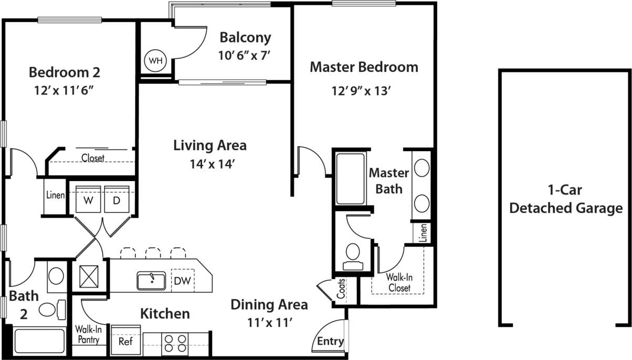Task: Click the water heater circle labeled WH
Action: pyautogui.click(x=155, y=60)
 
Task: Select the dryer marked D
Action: pyautogui.click(x=115, y=200)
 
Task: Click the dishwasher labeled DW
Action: pyautogui.click(x=183, y=281)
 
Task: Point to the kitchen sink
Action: pyautogui.click(x=151, y=281)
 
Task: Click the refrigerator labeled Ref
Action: pyautogui.click(x=125, y=341)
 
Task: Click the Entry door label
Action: pyautogui.click(x=330, y=342)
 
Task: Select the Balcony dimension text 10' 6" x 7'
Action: pyautogui.click(x=245, y=55)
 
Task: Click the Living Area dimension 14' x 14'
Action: pyautogui.click(x=210, y=164)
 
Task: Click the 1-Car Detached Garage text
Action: pyautogui.click(x=566, y=199)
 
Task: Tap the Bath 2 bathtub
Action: pyautogui.click(x=39, y=341)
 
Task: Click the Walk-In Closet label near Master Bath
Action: pyautogui.click(x=398, y=282)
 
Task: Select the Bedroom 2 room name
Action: pyautogui.click(x=64, y=71)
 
